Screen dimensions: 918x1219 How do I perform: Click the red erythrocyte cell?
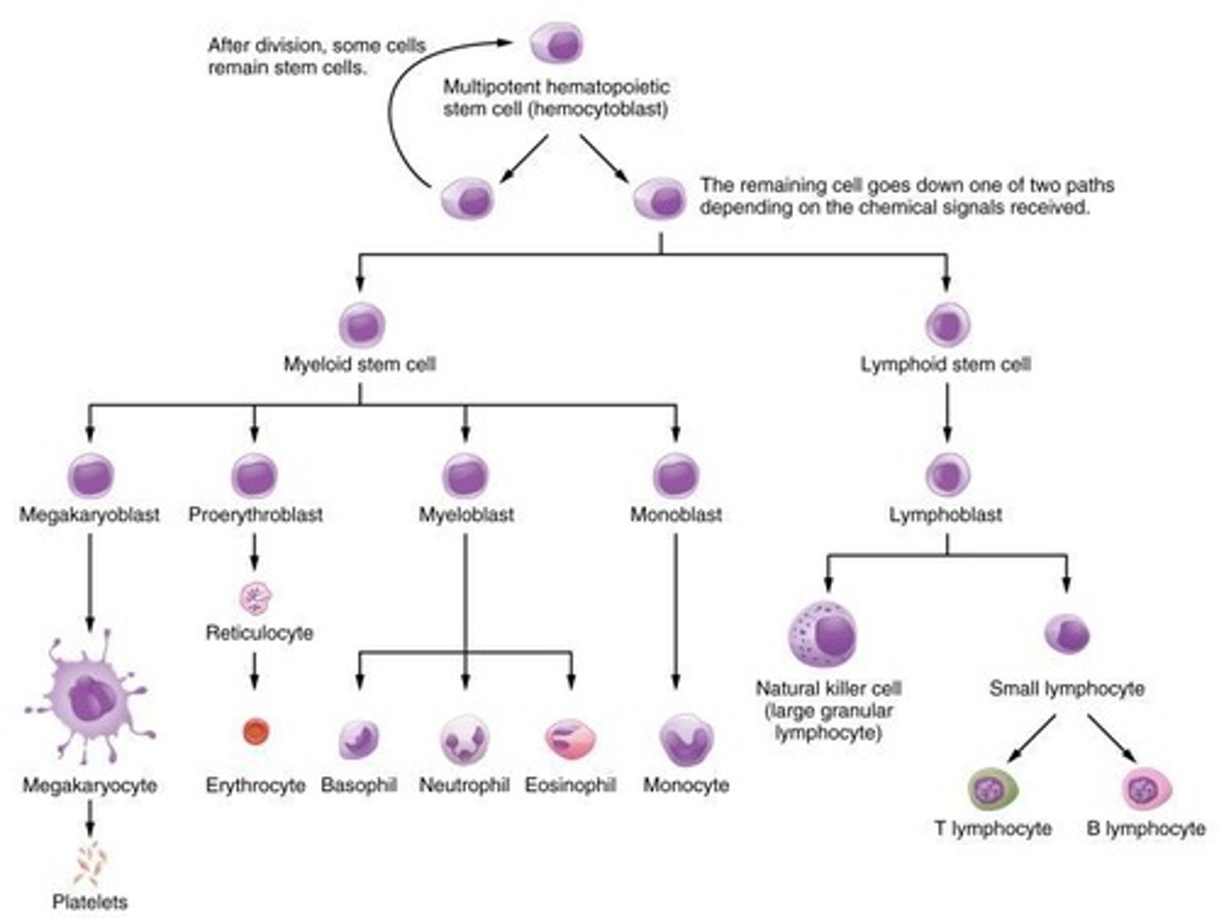pos(256,732)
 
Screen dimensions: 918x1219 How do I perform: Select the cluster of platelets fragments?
pos(90,863)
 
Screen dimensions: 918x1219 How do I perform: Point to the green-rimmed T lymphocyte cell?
pos(992,789)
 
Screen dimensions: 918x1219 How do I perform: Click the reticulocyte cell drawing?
pos(256,597)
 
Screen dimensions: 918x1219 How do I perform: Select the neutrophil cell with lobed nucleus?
pos(465,739)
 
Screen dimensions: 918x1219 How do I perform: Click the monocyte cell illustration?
pos(687,740)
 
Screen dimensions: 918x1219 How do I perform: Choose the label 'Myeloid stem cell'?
pos(360,365)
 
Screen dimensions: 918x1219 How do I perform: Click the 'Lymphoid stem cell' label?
pos(946,365)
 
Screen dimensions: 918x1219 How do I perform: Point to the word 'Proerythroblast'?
pos(256,514)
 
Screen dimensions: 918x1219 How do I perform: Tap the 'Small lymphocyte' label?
pos(1067,689)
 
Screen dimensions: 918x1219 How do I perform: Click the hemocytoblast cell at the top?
pos(556,43)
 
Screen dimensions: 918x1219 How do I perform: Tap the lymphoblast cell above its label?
pos(946,474)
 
